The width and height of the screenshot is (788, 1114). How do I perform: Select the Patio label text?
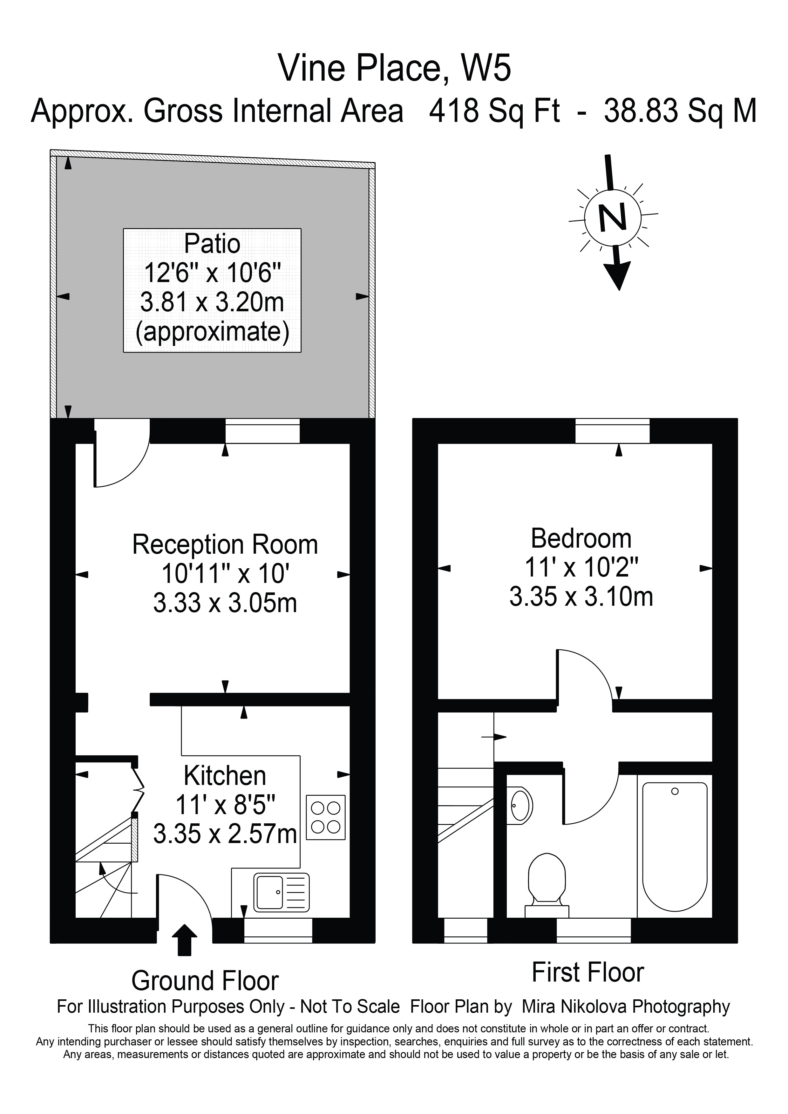tap(212, 244)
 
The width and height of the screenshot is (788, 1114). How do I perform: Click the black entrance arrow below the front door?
tap(184, 940)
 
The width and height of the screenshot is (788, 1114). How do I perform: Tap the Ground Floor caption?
tap(205, 981)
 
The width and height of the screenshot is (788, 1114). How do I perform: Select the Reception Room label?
tap(225, 544)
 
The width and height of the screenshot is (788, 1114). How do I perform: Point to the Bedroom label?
tap(581, 538)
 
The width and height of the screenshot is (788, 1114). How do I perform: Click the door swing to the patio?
tap(121, 456)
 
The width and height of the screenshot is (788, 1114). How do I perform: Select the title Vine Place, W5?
tap(395, 68)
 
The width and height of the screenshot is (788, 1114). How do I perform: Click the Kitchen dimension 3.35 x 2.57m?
tap(225, 834)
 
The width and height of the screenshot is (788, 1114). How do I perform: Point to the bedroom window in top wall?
tap(612, 431)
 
